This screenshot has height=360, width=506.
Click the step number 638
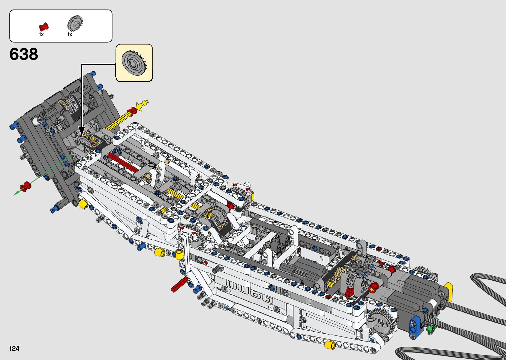(x=24, y=54)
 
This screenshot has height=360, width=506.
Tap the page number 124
(x=14, y=348)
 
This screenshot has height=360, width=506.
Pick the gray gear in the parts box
(x=75, y=23)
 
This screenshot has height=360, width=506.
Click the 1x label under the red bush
(x=41, y=34)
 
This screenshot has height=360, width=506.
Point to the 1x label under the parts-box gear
(x=70, y=34)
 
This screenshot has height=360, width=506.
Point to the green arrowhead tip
(x=14, y=194)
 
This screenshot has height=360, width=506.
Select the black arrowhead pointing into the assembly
(x=82, y=131)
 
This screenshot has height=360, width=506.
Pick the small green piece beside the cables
(x=430, y=329)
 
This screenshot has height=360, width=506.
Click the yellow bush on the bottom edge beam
(x=330, y=345)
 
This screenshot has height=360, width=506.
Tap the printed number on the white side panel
(x=250, y=291)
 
